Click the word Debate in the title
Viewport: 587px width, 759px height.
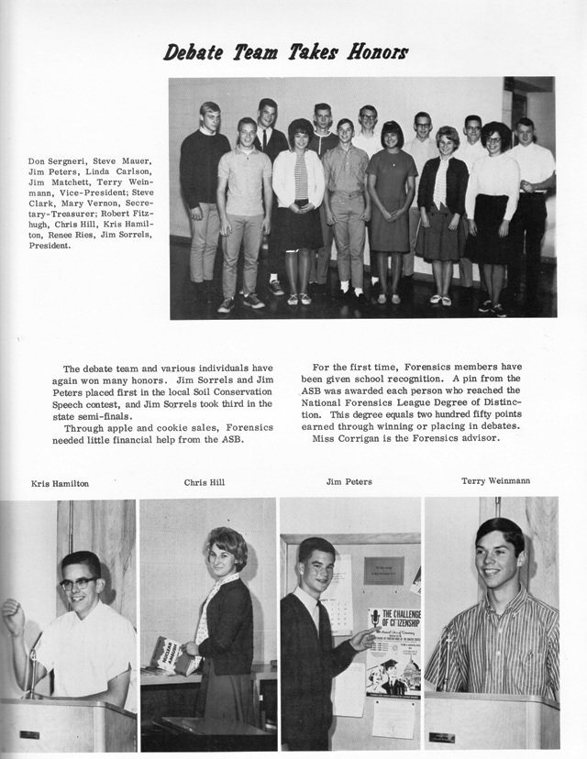192,52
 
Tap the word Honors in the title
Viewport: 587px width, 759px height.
377,51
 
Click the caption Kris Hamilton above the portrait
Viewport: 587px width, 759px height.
60,483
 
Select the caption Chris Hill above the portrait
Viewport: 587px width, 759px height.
204,482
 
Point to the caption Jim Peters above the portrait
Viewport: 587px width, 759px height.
349,481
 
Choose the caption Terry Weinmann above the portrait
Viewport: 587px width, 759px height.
495,480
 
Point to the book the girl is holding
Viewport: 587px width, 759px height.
170,653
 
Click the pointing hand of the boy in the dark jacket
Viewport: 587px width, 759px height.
360,638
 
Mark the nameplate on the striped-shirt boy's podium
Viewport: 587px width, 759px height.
442,736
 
